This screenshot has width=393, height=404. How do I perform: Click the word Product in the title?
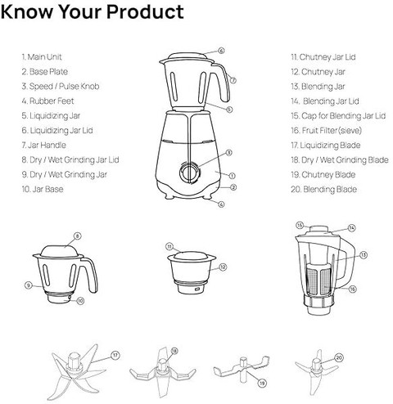(145, 11)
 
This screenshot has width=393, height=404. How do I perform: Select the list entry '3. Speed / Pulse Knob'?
(61, 87)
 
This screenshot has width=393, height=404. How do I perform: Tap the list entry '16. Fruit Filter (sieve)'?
(326, 131)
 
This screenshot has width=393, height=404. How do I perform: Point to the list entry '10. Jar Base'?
(43, 189)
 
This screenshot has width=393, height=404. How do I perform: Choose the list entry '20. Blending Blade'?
(324, 189)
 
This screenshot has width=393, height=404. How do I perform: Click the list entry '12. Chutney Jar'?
(318, 72)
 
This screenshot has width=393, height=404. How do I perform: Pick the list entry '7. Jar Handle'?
(44, 145)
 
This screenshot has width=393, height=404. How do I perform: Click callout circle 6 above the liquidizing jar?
(222, 51)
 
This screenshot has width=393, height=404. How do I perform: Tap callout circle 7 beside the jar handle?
(233, 80)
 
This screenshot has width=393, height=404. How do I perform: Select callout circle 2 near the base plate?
(233, 187)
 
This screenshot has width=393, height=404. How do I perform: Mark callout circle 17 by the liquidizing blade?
(115, 355)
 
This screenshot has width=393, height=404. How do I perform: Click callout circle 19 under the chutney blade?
(262, 383)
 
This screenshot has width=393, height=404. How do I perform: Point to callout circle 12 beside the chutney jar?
(223, 267)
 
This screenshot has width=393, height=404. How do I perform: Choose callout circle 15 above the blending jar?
(300, 226)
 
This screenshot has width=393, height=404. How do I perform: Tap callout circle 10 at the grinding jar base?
(80, 301)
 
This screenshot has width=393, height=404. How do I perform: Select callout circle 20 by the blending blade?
(339, 357)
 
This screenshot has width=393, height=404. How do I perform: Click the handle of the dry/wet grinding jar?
(90, 274)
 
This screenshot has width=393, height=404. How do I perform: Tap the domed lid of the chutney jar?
(191, 255)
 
